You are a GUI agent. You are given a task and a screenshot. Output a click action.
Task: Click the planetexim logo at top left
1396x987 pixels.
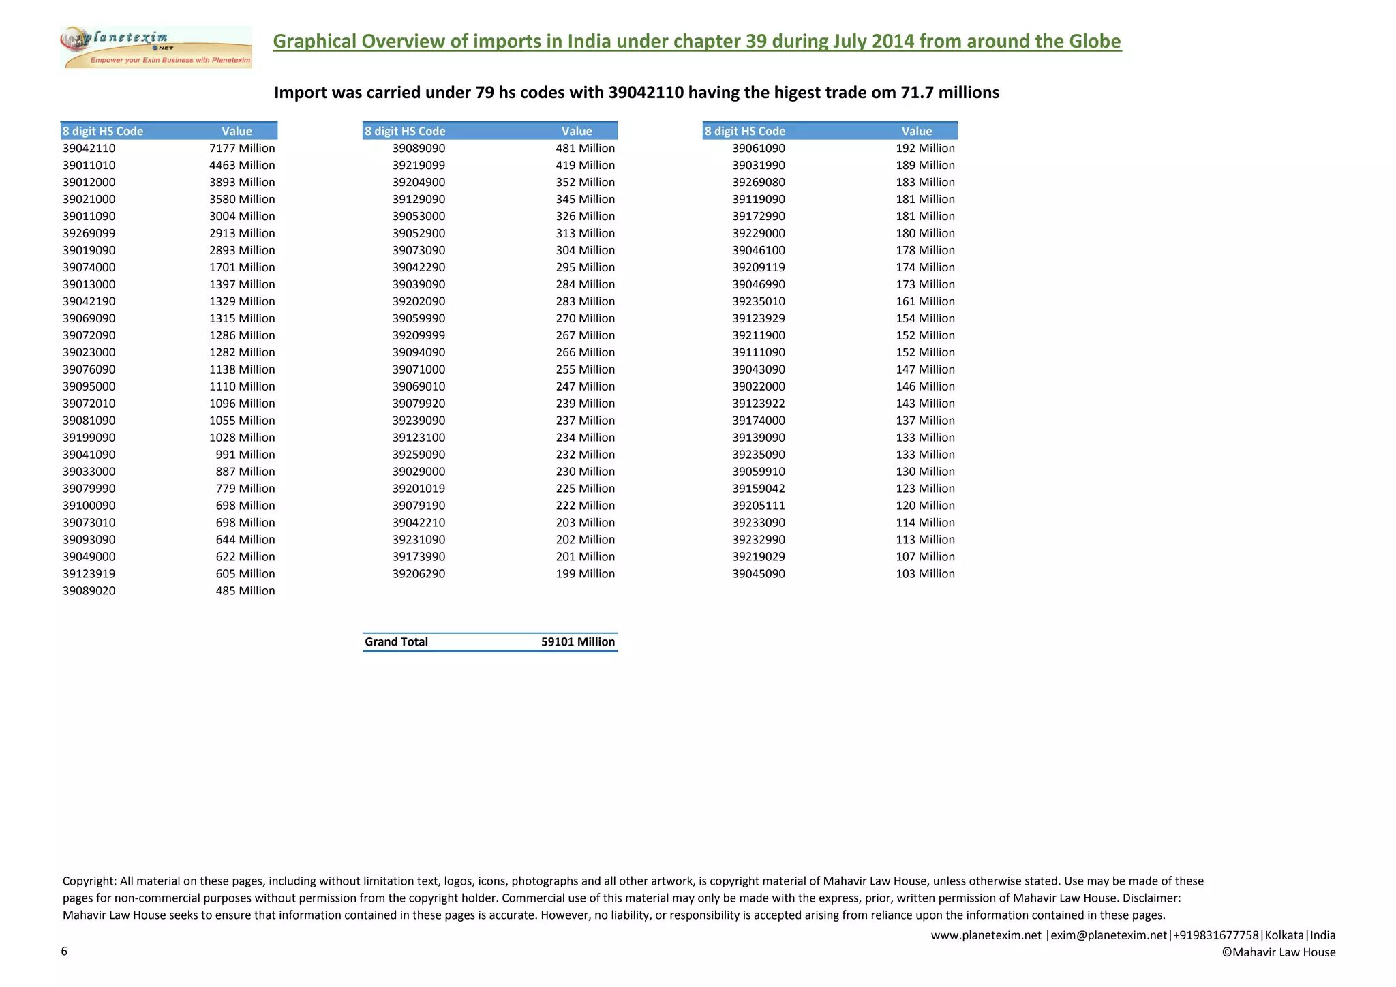(x=156, y=47)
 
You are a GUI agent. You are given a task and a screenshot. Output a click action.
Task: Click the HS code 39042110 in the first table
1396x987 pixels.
(x=89, y=148)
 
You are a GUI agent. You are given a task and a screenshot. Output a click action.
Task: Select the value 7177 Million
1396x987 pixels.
(x=242, y=148)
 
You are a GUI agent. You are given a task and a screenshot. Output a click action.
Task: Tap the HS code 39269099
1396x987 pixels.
(x=89, y=233)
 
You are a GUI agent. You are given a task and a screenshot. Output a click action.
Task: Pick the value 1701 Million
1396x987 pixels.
(x=242, y=267)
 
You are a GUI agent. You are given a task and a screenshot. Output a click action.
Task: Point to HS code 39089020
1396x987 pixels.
(x=89, y=591)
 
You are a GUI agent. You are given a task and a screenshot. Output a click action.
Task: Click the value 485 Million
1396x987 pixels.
(x=245, y=591)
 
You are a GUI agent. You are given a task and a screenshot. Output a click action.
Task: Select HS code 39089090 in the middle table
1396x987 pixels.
(x=419, y=148)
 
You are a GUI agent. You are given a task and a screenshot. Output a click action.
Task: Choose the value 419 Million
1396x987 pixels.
(x=585, y=165)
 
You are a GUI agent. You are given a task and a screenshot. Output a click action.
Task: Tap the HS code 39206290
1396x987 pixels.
(x=419, y=574)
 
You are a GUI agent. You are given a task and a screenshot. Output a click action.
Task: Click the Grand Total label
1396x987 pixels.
(x=396, y=641)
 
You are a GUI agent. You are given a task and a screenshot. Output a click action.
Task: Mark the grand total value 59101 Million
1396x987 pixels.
(x=578, y=641)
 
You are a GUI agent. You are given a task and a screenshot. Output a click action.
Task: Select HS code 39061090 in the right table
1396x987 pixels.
(x=759, y=148)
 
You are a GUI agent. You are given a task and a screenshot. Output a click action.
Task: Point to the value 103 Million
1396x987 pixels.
(x=925, y=574)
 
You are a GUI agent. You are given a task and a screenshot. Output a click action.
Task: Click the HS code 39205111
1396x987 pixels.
(x=759, y=506)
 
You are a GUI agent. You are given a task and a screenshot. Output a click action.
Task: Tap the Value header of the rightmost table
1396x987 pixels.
(x=916, y=131)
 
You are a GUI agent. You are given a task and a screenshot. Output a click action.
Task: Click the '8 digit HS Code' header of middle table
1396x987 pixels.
(x=405, y=131)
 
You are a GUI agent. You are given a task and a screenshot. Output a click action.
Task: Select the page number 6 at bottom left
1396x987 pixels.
(x=64, y=952)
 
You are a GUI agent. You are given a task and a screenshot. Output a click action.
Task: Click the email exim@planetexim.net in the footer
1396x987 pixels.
(x=1109, y=935)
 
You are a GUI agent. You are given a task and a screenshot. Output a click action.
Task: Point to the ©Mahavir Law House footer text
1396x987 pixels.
(x=1278, y=952)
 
